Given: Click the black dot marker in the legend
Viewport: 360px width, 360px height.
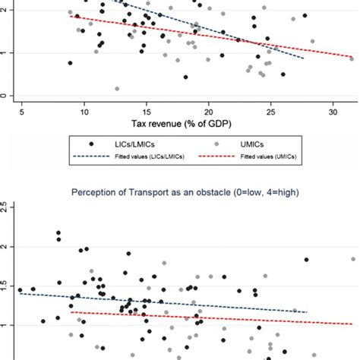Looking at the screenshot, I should pos(91,143).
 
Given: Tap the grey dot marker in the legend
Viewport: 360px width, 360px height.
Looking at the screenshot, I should pos(220,143).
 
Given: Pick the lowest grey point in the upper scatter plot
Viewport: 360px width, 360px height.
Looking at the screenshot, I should pos(117,89).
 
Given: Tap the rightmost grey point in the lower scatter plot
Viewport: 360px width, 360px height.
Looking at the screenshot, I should pos(353,259).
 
